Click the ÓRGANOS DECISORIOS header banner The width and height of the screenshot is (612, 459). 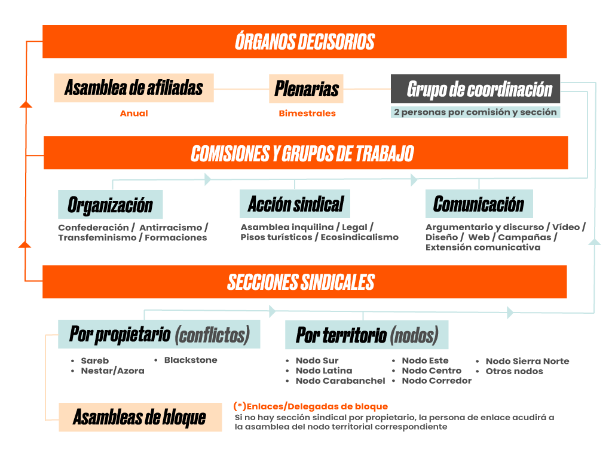[305, 41]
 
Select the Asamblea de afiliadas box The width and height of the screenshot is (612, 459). [134, 88]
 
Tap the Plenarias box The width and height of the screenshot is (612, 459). [307, 89]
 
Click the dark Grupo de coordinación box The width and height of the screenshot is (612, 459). [476, 88]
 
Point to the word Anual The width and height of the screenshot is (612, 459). [134, 114]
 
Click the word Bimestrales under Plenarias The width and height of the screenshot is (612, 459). [307, 114]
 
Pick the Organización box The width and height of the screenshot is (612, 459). [110, 204]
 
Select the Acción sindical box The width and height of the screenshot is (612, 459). [295, 204]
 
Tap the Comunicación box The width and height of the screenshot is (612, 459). [479, 204]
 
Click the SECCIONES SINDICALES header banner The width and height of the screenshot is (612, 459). [305, 281]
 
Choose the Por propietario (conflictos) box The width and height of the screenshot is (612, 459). [159, 334]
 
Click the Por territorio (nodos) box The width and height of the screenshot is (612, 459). [366, 335]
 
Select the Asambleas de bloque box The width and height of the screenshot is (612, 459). [139, 417]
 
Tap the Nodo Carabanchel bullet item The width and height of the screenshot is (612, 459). [340, 381]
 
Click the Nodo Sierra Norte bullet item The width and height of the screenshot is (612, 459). [527, 361]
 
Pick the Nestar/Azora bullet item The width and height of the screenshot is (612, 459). [112, 371]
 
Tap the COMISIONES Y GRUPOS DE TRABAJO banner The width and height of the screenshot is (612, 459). [305, 153]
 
